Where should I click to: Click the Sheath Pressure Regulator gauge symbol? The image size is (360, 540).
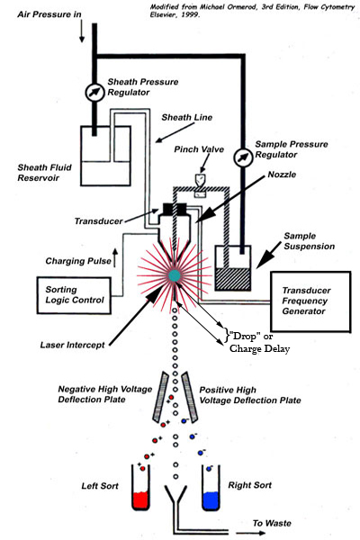[x=94, y=92]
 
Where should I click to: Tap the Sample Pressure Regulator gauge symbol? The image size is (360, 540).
[x=244, y=157]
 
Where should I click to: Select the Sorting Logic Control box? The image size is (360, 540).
[x=74, y=295]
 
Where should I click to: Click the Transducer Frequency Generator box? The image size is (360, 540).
[x=310, y=301]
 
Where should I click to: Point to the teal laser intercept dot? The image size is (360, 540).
[x=175, y=275]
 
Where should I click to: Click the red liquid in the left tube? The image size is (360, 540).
[x=140, y=500]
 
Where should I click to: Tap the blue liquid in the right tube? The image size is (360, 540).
[x=211, y=500]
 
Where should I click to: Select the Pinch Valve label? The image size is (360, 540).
[x=199, y=149]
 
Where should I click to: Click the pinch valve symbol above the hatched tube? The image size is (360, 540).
[x=200, y=179]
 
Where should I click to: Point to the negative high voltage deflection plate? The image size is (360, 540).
[x=161, y=396]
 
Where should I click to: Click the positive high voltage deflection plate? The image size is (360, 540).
[x=190, y=397]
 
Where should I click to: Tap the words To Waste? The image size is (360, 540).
[x=272, y=523]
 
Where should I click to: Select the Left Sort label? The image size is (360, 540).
[x=100, y=486]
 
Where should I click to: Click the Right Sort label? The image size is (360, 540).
[x=250, y=485]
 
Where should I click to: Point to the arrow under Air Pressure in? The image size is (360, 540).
[x=82, y=31]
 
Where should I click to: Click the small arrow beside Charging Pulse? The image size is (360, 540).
[x=115, y=258]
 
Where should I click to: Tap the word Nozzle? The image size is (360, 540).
[x=282, y=175]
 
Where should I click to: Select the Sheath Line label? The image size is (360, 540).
[x=186, y=117]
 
